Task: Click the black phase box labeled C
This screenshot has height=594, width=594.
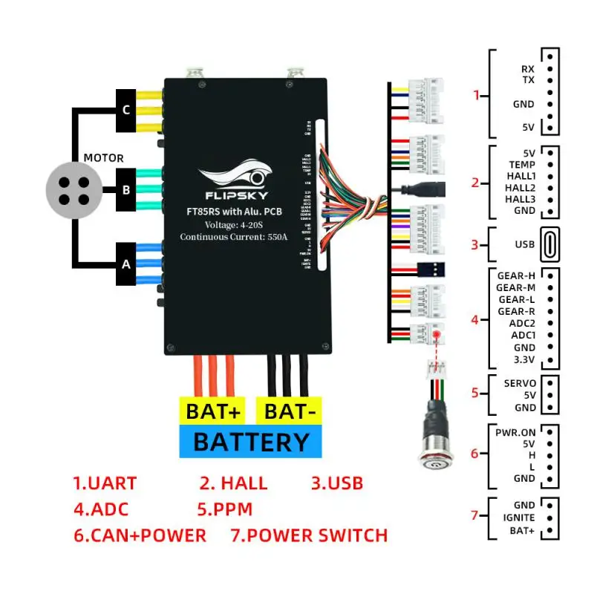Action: point(126,110)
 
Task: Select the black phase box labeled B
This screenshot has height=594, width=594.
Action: point(126,189)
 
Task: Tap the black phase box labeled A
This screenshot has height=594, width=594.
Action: point(126,264)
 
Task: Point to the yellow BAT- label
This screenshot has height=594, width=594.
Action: point(289,411)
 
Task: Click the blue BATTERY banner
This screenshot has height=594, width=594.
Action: point(250,442)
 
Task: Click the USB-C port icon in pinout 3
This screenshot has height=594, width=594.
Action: point(550,244)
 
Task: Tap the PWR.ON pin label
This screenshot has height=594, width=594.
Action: point(515,431)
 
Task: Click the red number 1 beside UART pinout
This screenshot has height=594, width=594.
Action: point(477,95)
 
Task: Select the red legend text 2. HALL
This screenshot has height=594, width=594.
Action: point(233,483)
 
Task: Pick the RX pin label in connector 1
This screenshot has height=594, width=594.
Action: point(527,69)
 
